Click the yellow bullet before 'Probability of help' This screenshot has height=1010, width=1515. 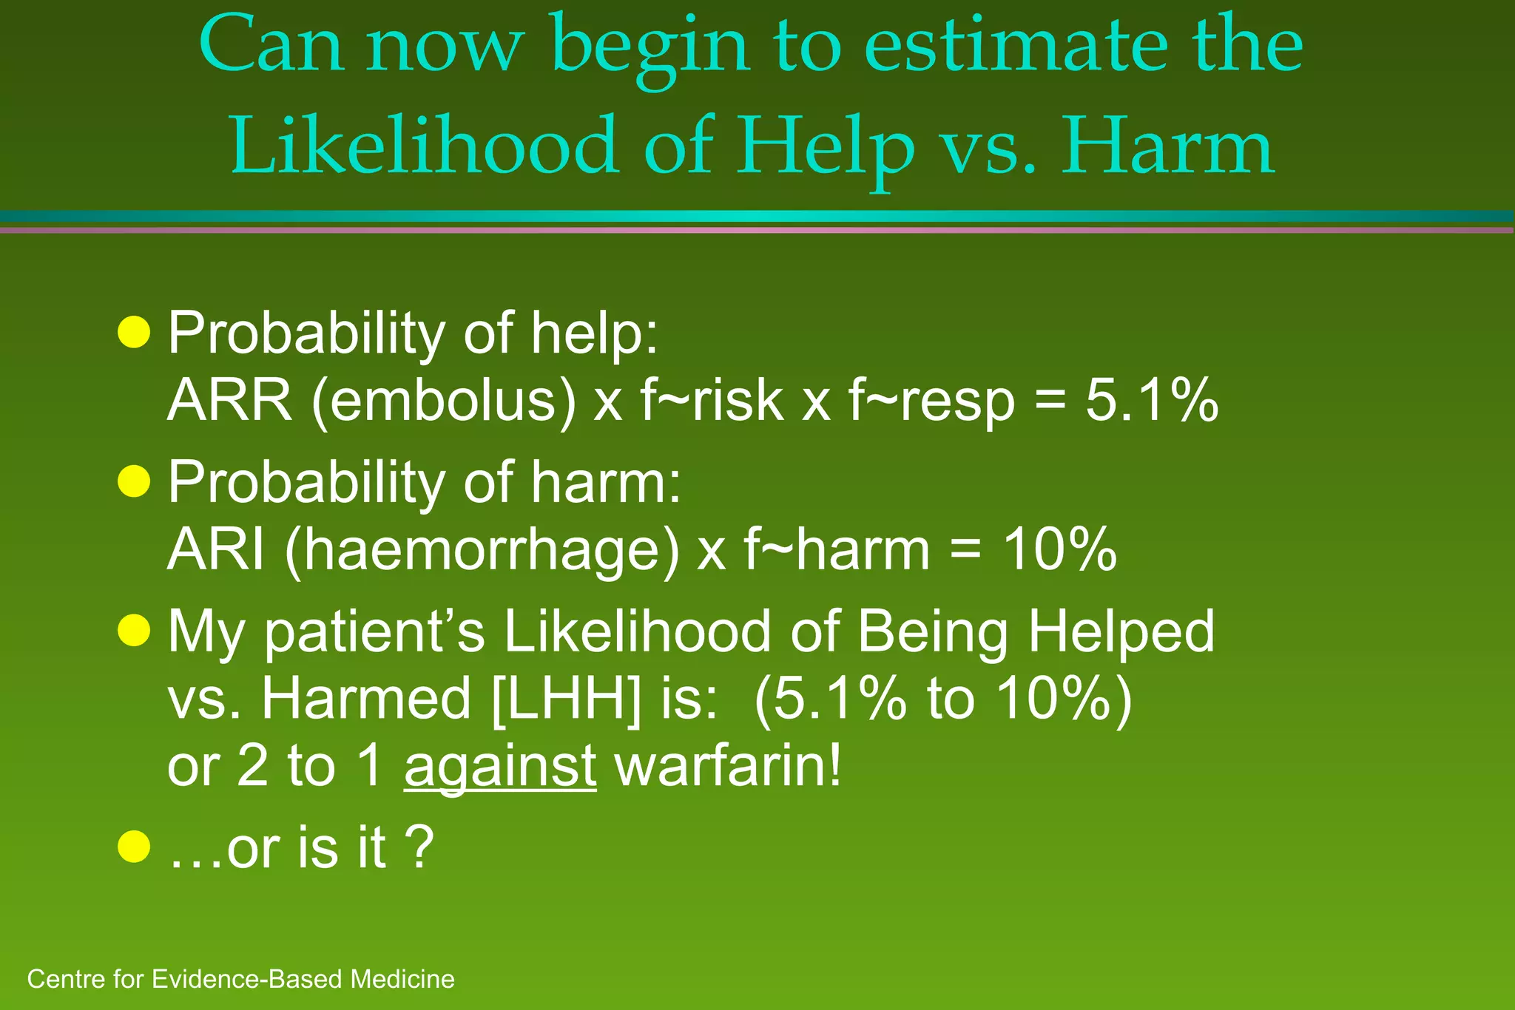[134, 332]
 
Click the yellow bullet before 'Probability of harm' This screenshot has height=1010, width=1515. [134, 481]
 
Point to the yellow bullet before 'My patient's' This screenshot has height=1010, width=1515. [134, 631]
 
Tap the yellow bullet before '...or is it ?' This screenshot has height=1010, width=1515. [134, 847]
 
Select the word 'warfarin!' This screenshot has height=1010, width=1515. [728, 766]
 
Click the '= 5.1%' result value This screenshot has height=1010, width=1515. [1125, 401]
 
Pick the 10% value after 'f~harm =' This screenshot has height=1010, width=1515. [1059, 550]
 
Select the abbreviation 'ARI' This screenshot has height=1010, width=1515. [215, 550]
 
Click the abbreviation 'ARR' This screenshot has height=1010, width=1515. [229, 401]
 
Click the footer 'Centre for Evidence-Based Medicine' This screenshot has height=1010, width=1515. [240, 979]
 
